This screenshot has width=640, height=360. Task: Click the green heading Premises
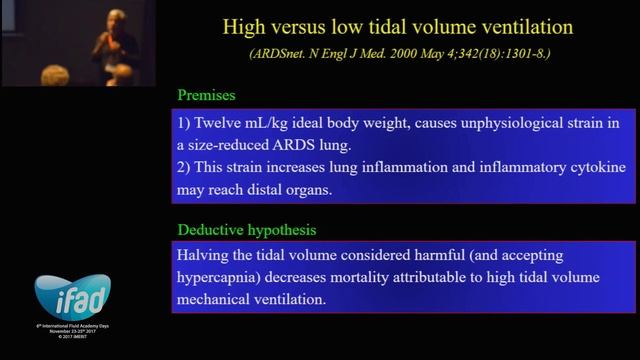[206, 95]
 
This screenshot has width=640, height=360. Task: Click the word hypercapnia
[225, 276]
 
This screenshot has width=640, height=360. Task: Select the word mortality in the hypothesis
[413, 276]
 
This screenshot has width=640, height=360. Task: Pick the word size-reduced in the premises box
[237, 145]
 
